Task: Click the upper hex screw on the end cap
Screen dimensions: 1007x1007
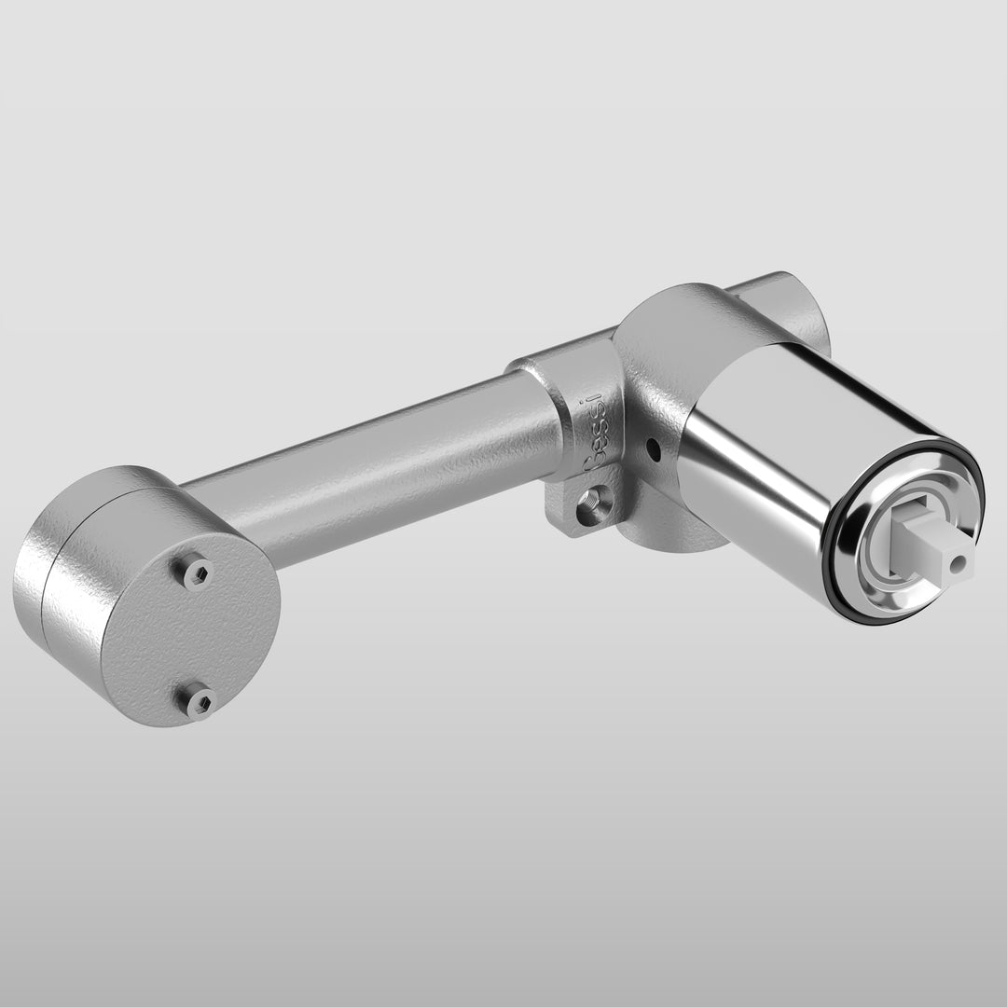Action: pos(197,573)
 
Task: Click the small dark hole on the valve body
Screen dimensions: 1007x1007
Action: pos(654,449)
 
